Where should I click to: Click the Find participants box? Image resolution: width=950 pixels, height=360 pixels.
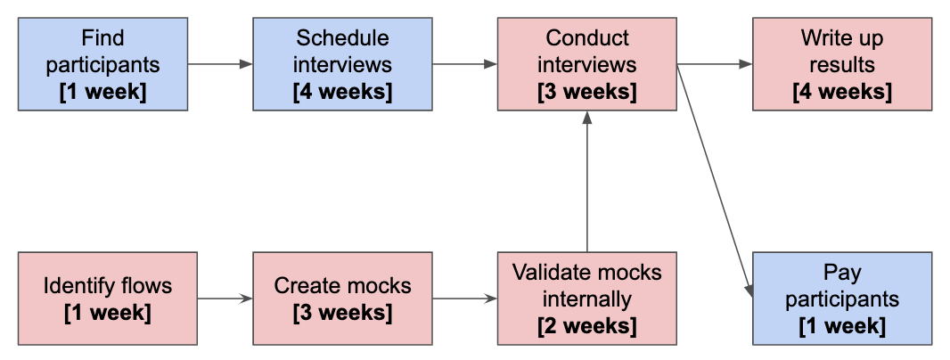(x=102, y=65)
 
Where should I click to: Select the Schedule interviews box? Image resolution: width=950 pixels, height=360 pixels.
(x=342, y=65)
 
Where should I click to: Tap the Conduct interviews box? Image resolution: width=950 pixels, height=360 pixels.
(x=586, y=65)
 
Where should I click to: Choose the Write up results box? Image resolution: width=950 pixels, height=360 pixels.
(x=842, y=65)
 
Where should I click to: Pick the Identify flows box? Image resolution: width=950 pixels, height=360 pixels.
(x=107, y=299)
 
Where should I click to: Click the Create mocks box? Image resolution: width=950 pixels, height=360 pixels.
(x=342, y=299)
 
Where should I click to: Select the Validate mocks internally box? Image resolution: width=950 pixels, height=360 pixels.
(x=586, y=299)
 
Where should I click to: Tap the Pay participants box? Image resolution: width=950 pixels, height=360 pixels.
(x=842, y=299)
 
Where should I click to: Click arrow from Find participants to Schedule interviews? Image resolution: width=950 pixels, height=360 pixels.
(x=220, y=64)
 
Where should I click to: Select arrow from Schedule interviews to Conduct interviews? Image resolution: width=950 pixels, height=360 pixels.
(x=464, y=64)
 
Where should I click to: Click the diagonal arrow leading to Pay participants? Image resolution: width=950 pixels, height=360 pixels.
(x=714, y=178)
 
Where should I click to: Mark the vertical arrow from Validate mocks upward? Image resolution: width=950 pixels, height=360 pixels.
(x=586, y=183)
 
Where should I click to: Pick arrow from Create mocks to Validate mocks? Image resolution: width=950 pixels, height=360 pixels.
(x=464, y=298)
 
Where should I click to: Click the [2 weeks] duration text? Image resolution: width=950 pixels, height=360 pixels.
(x=586, y=326)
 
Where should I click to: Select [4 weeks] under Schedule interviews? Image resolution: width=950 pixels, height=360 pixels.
(x=342, y=92)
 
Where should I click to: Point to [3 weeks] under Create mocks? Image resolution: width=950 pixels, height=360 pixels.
(x=342, y=314)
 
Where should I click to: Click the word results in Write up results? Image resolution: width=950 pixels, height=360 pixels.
(x=842, y=65)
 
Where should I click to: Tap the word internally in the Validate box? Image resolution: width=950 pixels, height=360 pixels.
(x=586, y=299)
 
